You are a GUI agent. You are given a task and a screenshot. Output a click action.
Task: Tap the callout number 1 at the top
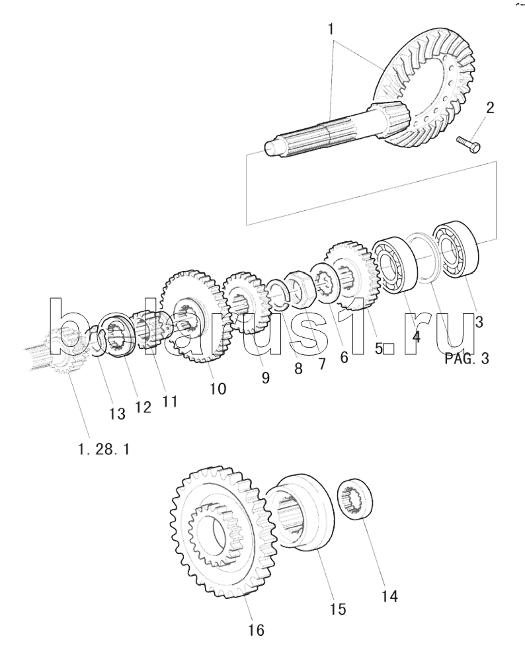point(331,30)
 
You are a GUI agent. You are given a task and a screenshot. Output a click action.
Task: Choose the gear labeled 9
point(247,303)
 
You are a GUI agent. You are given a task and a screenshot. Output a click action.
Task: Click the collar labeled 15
point(300,512)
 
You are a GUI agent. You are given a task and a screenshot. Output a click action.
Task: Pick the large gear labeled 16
point(224,533)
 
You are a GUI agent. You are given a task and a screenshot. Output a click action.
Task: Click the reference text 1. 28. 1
point(104,449)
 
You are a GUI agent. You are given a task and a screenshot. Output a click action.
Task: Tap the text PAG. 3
point(467,358)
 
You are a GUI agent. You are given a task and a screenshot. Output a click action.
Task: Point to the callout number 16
point(257,630)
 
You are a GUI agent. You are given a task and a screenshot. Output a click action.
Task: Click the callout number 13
point(117,413)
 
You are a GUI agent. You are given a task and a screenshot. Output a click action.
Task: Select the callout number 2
point(490,108)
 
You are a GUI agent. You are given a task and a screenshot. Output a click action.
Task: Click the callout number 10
point(218,388)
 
